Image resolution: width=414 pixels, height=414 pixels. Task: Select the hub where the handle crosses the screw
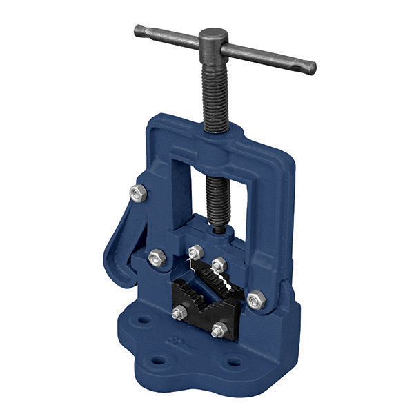click(x=213, y=41)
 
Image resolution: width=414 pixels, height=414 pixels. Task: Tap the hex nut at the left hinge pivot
click(x=156, y=257)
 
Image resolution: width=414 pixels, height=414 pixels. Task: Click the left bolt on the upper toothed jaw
click(x=195, y=253)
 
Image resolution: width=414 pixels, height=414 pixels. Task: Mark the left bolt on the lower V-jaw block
click(x=179, y=313)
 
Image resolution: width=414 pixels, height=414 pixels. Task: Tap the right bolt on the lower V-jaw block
click(x=219, y=330)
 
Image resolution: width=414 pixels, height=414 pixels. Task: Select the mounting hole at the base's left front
click(x=159, y=360)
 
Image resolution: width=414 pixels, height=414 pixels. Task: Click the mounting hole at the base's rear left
click(x=144, y=320)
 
